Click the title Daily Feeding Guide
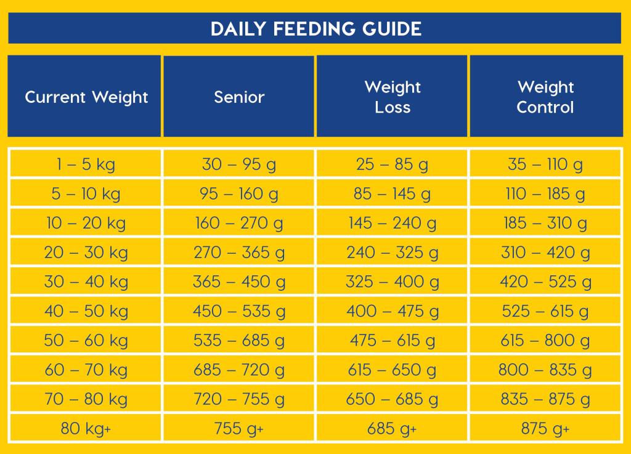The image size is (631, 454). pos(316,29)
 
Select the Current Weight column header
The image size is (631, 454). pos(86,97)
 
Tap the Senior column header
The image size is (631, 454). pos(239,97)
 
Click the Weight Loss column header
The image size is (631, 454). pos(393,97)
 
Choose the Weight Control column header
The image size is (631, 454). pos(546,97)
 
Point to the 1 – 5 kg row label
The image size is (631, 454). pos(86,164)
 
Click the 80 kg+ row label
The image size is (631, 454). pos(86,428)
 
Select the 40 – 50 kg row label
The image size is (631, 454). pos(86,311)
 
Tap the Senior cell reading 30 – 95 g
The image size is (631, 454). pos(239,164)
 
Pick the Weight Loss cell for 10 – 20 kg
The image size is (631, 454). pos(393,223)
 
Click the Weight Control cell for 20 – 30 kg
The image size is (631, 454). pos(546,252)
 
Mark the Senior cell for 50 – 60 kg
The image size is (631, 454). pos(239,340)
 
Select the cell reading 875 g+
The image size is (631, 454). pos(546,428)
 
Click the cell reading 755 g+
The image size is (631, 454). pos(239,428)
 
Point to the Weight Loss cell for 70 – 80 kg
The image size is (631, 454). pos(393,399)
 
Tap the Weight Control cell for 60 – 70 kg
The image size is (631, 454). pos(546,370)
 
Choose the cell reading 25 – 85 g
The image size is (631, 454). pos(393,164)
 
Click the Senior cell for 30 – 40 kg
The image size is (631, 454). pos(239,282)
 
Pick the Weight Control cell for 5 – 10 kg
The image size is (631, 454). pos(546,193)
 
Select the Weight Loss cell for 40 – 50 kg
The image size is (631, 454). pos(393,311)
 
